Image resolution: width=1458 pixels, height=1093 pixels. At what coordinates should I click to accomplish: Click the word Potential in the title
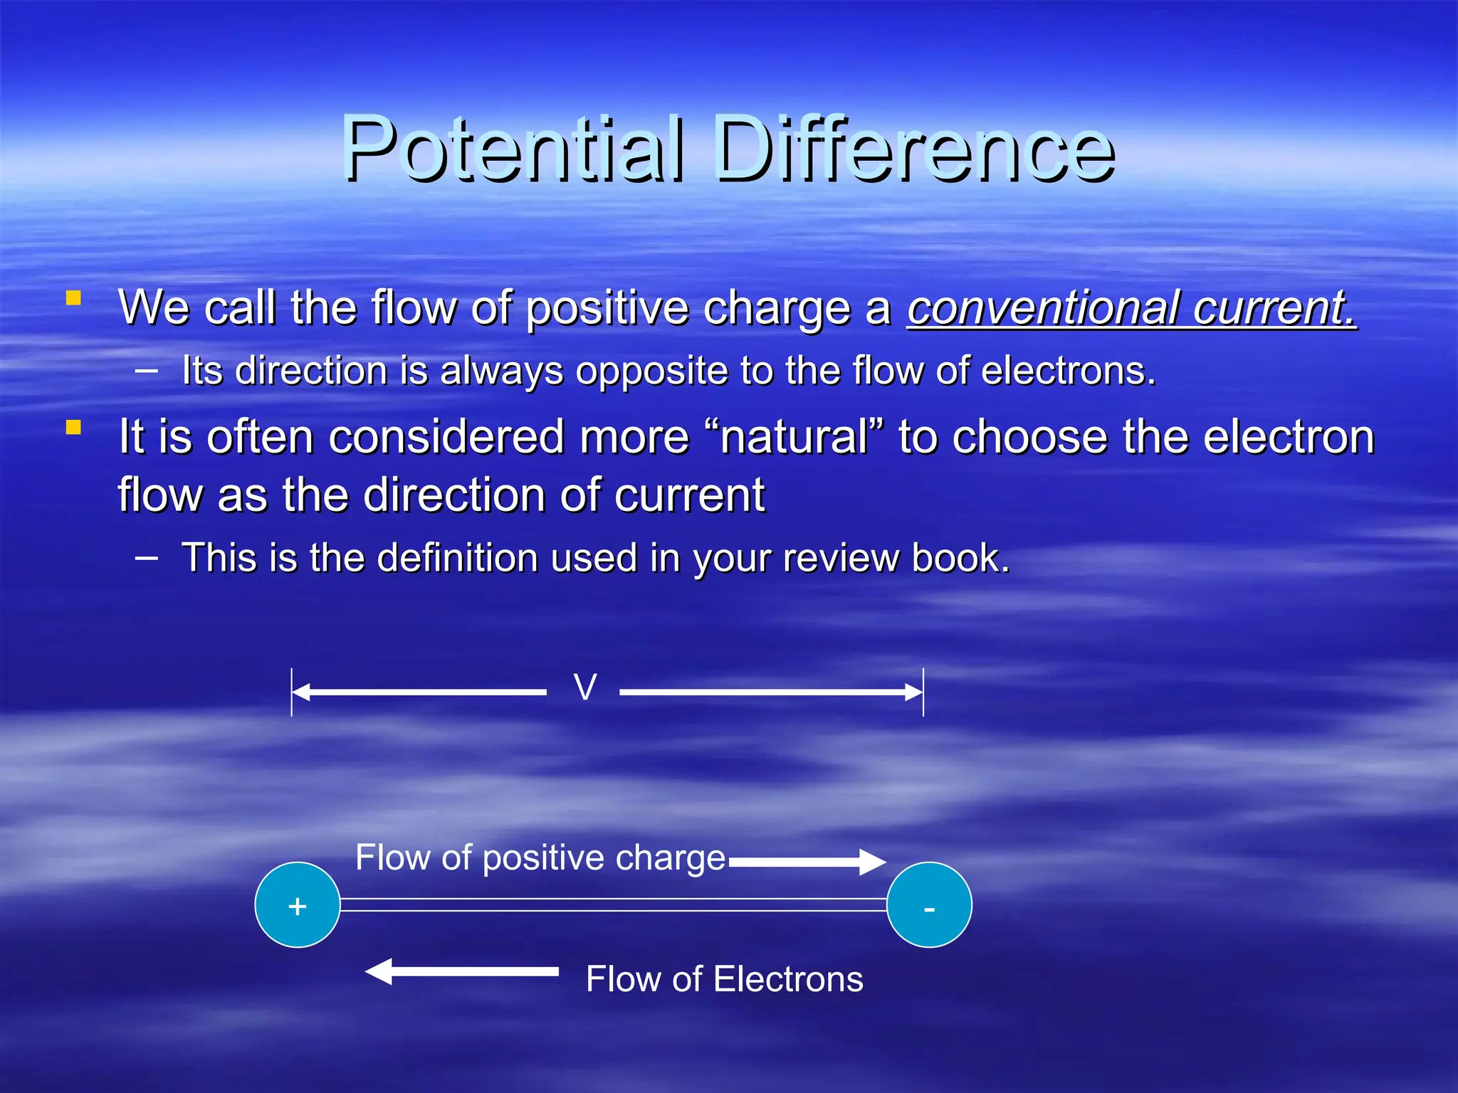(x=513, y=149)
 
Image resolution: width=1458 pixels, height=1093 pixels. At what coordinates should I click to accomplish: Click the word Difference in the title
(x=915, y=149)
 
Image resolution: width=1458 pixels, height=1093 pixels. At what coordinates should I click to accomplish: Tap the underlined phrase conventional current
(x=1131, y=308)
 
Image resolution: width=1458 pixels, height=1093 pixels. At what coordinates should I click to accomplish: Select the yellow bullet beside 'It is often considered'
(x=73, y=427)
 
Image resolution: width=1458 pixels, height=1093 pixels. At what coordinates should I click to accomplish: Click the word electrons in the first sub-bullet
(x=1067, y=371)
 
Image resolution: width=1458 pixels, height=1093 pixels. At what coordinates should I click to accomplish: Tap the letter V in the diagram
(x=584, y=688)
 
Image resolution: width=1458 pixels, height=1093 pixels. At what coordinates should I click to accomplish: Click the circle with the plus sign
(x=298, y=905)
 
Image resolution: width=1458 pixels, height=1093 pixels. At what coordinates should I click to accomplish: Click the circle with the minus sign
(x=929, y=905)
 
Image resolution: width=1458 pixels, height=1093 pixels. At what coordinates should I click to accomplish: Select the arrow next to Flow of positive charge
(x=808, y=862)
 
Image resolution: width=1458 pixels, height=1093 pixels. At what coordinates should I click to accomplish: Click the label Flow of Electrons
(x=724, y=979)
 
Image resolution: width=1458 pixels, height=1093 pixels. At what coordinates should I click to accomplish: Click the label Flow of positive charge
(x=540, y=857)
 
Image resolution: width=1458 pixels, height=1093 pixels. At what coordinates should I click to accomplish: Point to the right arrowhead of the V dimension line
(x=913, y=692)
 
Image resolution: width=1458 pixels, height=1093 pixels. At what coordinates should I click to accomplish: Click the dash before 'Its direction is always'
(x=147, y=370)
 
